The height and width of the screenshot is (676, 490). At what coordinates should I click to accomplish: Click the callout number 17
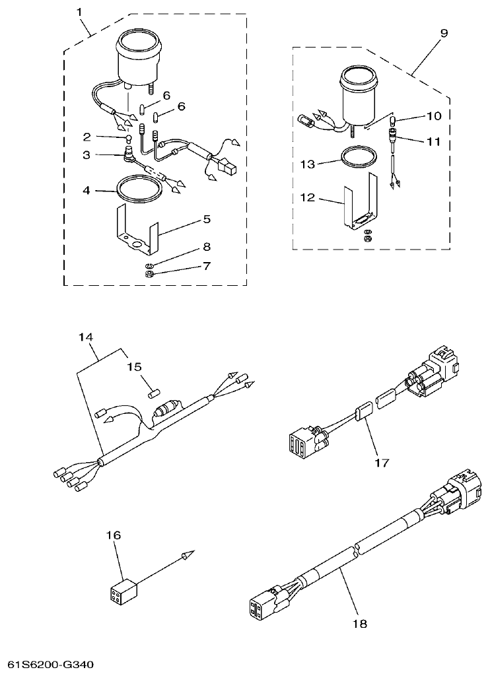click(x=381, y=463)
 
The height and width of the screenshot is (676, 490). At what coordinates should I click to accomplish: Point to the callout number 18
click(x=360, y=623)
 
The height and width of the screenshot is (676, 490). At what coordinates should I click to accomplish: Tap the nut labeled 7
click(x=150, y=272)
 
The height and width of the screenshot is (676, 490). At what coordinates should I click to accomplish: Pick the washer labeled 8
click(x=150, y=263)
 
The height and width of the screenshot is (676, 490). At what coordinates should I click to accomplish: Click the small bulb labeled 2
click(x=129, y=139)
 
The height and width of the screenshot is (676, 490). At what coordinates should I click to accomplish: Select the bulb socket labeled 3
click(x=129, y=157)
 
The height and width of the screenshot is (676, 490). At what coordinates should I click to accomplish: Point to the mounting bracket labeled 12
click(x=360, y=205)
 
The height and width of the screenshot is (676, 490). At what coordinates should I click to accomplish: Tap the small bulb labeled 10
click(x=392, y=121)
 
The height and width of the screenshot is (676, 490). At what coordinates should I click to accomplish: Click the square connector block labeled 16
click(x=123, y=591)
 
